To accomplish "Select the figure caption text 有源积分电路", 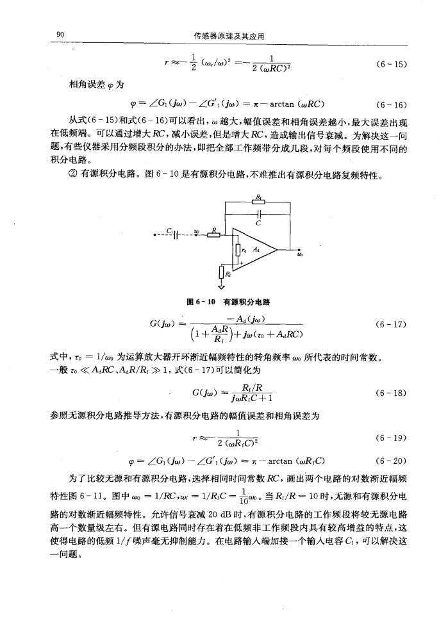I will coord(240,301).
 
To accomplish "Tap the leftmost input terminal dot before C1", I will coord(147,233).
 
